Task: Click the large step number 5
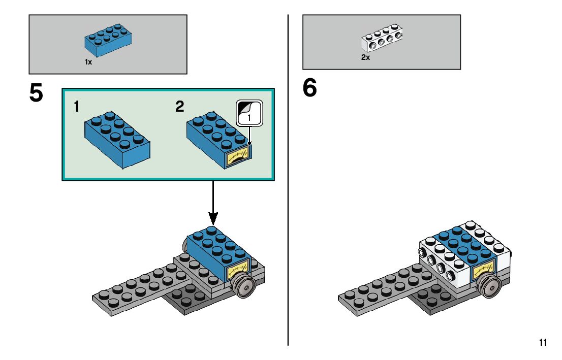tap(36, 93)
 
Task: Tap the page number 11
tap(543, 343)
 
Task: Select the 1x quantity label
tap(88, 62)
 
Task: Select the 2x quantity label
tap(365, 58)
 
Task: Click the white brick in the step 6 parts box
tap(382, 39)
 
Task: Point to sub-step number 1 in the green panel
tap(76, 107)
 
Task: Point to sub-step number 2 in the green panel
tap(179, 107)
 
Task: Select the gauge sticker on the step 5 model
tap(237, 269)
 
